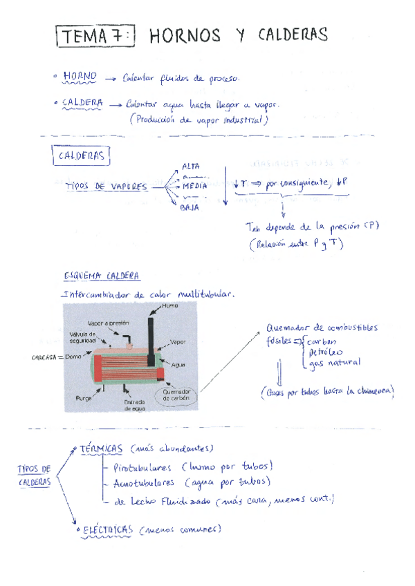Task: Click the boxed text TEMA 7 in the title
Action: [95, 37]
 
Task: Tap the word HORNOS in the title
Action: [185, 35]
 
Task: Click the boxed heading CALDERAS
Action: [81, 156]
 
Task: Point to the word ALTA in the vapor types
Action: [190, 166]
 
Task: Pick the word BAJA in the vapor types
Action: [190, 206]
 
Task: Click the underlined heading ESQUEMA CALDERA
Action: [102, 276]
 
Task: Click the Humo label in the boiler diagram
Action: [171, 305]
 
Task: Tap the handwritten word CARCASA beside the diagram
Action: [45, 357]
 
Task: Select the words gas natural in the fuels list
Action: [335, 363]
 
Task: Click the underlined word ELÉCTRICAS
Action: [108, 530]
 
